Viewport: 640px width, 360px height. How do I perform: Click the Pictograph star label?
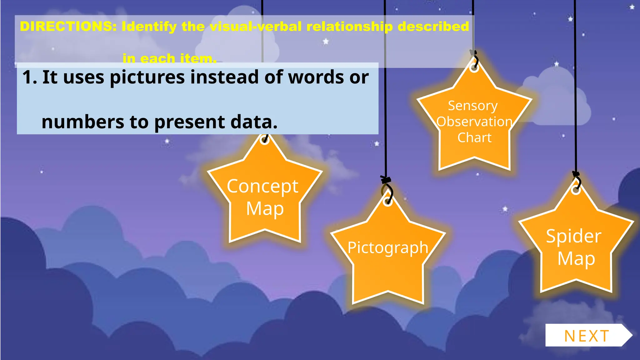pos(388,248)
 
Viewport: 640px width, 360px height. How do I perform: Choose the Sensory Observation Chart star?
pos(474,122)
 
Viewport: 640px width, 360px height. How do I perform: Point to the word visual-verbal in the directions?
pos(256,27)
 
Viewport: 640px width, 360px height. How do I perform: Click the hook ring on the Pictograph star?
pos(388,202)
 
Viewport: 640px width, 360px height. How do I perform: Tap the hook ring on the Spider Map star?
pos(576,190)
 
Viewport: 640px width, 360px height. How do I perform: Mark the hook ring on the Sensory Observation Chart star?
pos(474,68)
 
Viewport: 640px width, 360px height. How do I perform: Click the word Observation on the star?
pos(474,122)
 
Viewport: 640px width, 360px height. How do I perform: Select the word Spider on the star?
pos(573,236)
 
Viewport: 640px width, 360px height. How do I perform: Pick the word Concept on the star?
pos(262,187)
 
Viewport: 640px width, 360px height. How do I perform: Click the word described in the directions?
pos(433,27)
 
